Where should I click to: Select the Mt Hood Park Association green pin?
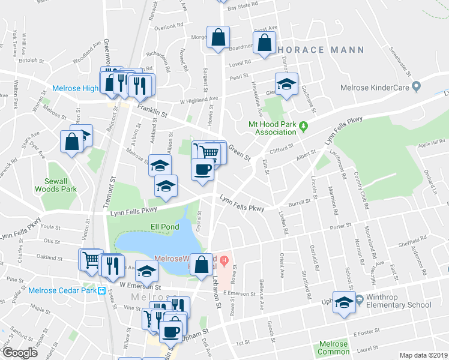(x=303, y=126)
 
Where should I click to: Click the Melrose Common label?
(x=333, y=348)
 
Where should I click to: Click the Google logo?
(x=19, y=353)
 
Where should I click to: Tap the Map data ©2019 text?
(x=423, y=355)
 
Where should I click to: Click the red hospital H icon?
(x=224, y=260)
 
